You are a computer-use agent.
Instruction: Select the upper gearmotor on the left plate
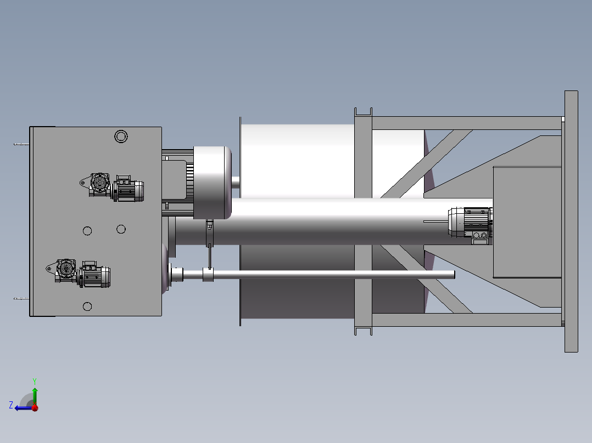point(112,188)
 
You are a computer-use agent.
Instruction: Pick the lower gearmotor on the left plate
point(79,274)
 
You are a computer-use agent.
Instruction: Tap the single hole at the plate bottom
point(87,306)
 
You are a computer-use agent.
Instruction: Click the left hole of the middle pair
point(87,231)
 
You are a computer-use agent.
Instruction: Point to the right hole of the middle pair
point(121,229)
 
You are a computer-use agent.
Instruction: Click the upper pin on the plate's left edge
point(21,144)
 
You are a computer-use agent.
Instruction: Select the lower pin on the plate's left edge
point(21,299)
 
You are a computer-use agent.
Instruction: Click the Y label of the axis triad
point(35,381)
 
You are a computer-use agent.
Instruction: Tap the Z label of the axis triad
point(11,405)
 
